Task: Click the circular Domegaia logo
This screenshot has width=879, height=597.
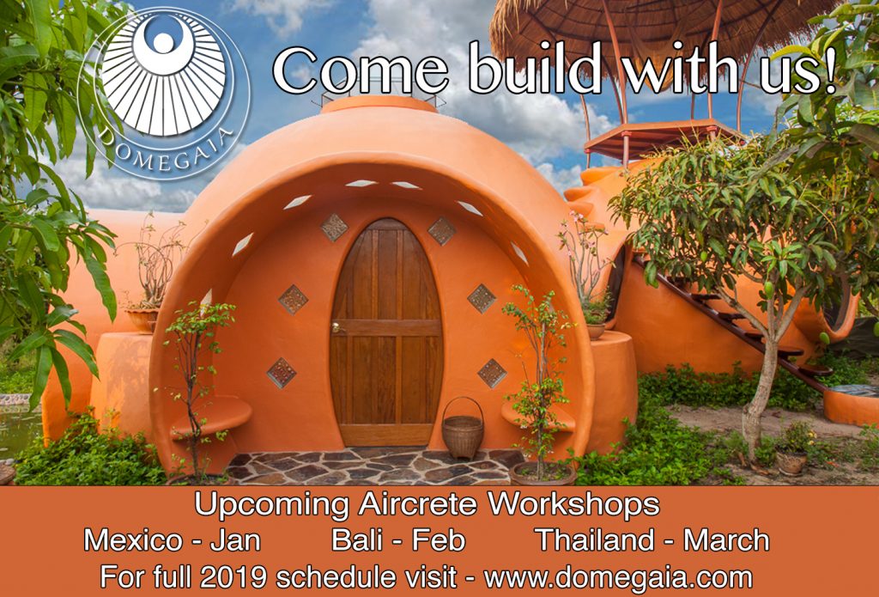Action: tap(164, 94)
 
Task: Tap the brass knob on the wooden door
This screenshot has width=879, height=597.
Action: tap(336, 327)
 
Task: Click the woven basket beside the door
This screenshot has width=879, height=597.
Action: tap(463, 429)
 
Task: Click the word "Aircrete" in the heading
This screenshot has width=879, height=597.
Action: tap(417, 504)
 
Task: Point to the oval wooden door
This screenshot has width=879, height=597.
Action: tap(386, 332)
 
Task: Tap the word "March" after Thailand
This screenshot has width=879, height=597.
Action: tap(726, 539)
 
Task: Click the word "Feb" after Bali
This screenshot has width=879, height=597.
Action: tap(439, 539)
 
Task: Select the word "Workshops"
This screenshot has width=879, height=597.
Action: tap(573, 505)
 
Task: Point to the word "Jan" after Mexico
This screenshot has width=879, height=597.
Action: tap(236, 540)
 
